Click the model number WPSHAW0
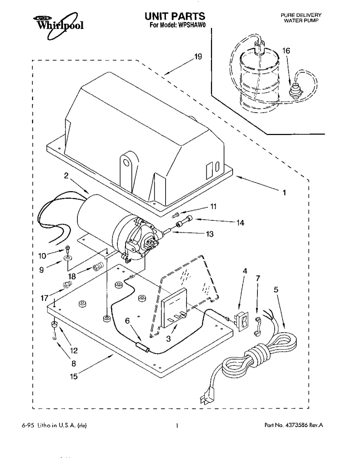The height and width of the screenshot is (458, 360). tap(193, 25)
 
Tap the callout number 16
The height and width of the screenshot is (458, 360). tap(286, 51)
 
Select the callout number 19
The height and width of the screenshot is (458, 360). tap(198, 57)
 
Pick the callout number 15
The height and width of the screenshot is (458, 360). tap(73, 377)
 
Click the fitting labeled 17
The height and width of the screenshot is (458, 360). tap(67, 284)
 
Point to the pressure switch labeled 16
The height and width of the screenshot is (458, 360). tap(295, 90)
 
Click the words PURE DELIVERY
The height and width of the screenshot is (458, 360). tap(301, 15)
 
